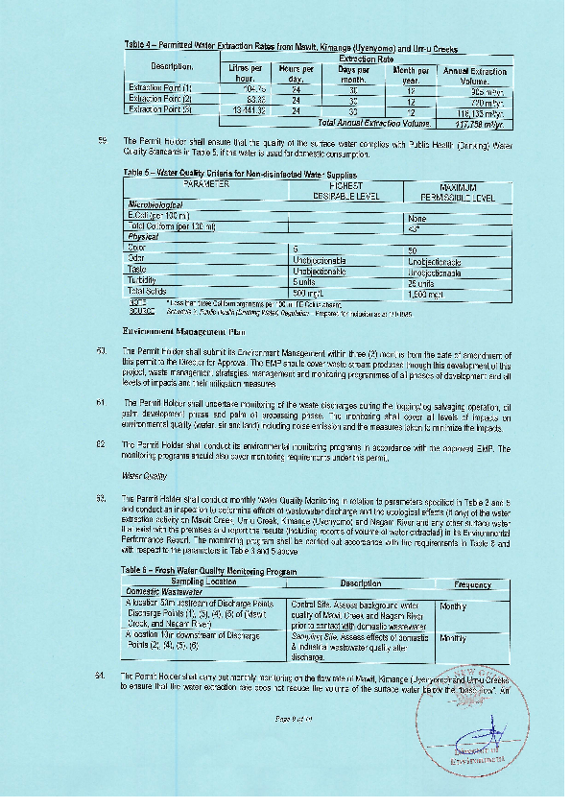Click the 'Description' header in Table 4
(173, 65)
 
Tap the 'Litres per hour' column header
(247, 73)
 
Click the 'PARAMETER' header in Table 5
(206, 182)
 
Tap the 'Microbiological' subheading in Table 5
(155, 205)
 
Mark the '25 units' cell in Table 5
(422, 280)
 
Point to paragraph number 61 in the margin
(101, 402)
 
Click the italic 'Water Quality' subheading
(144, 475)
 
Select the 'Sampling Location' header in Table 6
(203, 582)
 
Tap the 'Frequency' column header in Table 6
(473, 584)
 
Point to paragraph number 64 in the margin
(101, 677)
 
